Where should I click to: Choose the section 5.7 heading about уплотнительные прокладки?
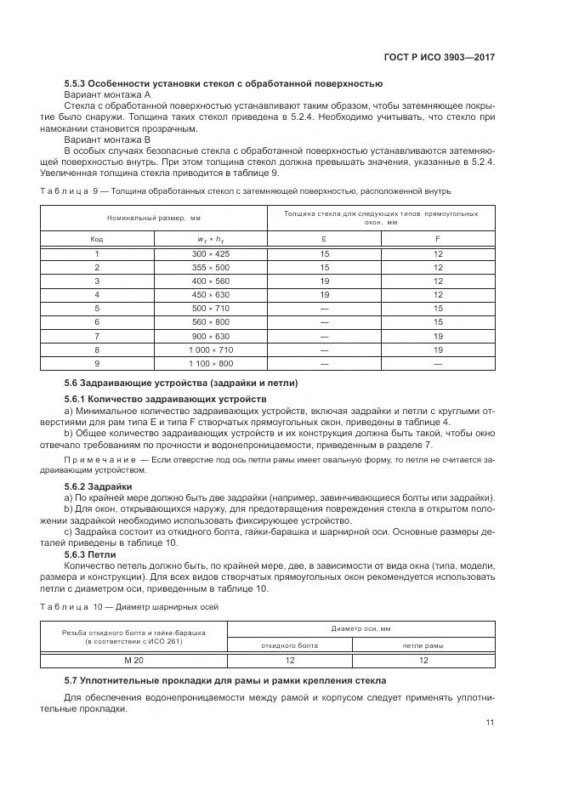225,680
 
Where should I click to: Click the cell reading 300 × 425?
211,254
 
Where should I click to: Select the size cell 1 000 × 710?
211,349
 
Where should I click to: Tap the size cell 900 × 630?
211,336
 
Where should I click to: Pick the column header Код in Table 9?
97,239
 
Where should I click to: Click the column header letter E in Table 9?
324,239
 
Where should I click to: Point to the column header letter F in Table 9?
438,239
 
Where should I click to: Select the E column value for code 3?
324,281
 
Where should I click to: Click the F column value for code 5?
438,309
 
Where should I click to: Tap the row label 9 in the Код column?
97,363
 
